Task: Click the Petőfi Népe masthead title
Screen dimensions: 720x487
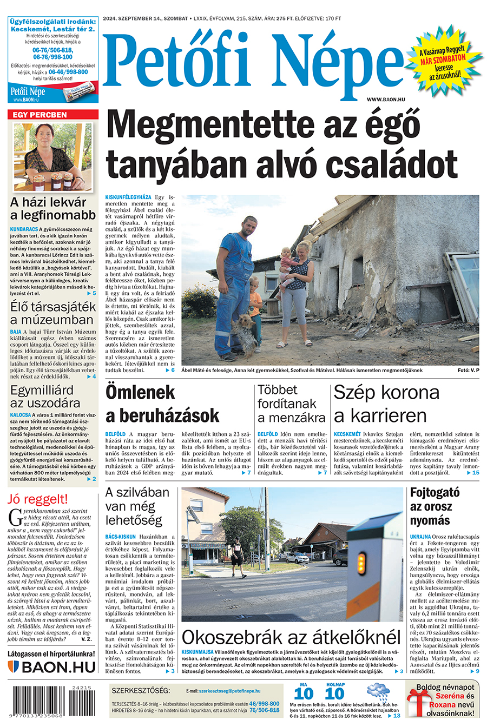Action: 252,62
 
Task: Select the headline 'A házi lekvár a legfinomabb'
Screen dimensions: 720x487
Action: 52,209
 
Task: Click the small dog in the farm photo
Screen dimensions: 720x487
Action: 244,333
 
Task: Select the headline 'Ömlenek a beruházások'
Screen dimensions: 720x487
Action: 162,404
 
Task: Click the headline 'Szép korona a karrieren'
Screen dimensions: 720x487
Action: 387,404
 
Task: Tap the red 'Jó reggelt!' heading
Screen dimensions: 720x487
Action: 38,499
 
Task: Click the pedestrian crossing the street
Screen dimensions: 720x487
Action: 236,559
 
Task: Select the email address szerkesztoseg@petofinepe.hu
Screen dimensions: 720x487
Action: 229,691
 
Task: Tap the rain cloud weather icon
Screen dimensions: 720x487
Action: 377,692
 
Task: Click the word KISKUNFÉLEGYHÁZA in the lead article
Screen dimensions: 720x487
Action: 128,197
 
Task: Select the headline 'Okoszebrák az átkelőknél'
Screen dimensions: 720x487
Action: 292,637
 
